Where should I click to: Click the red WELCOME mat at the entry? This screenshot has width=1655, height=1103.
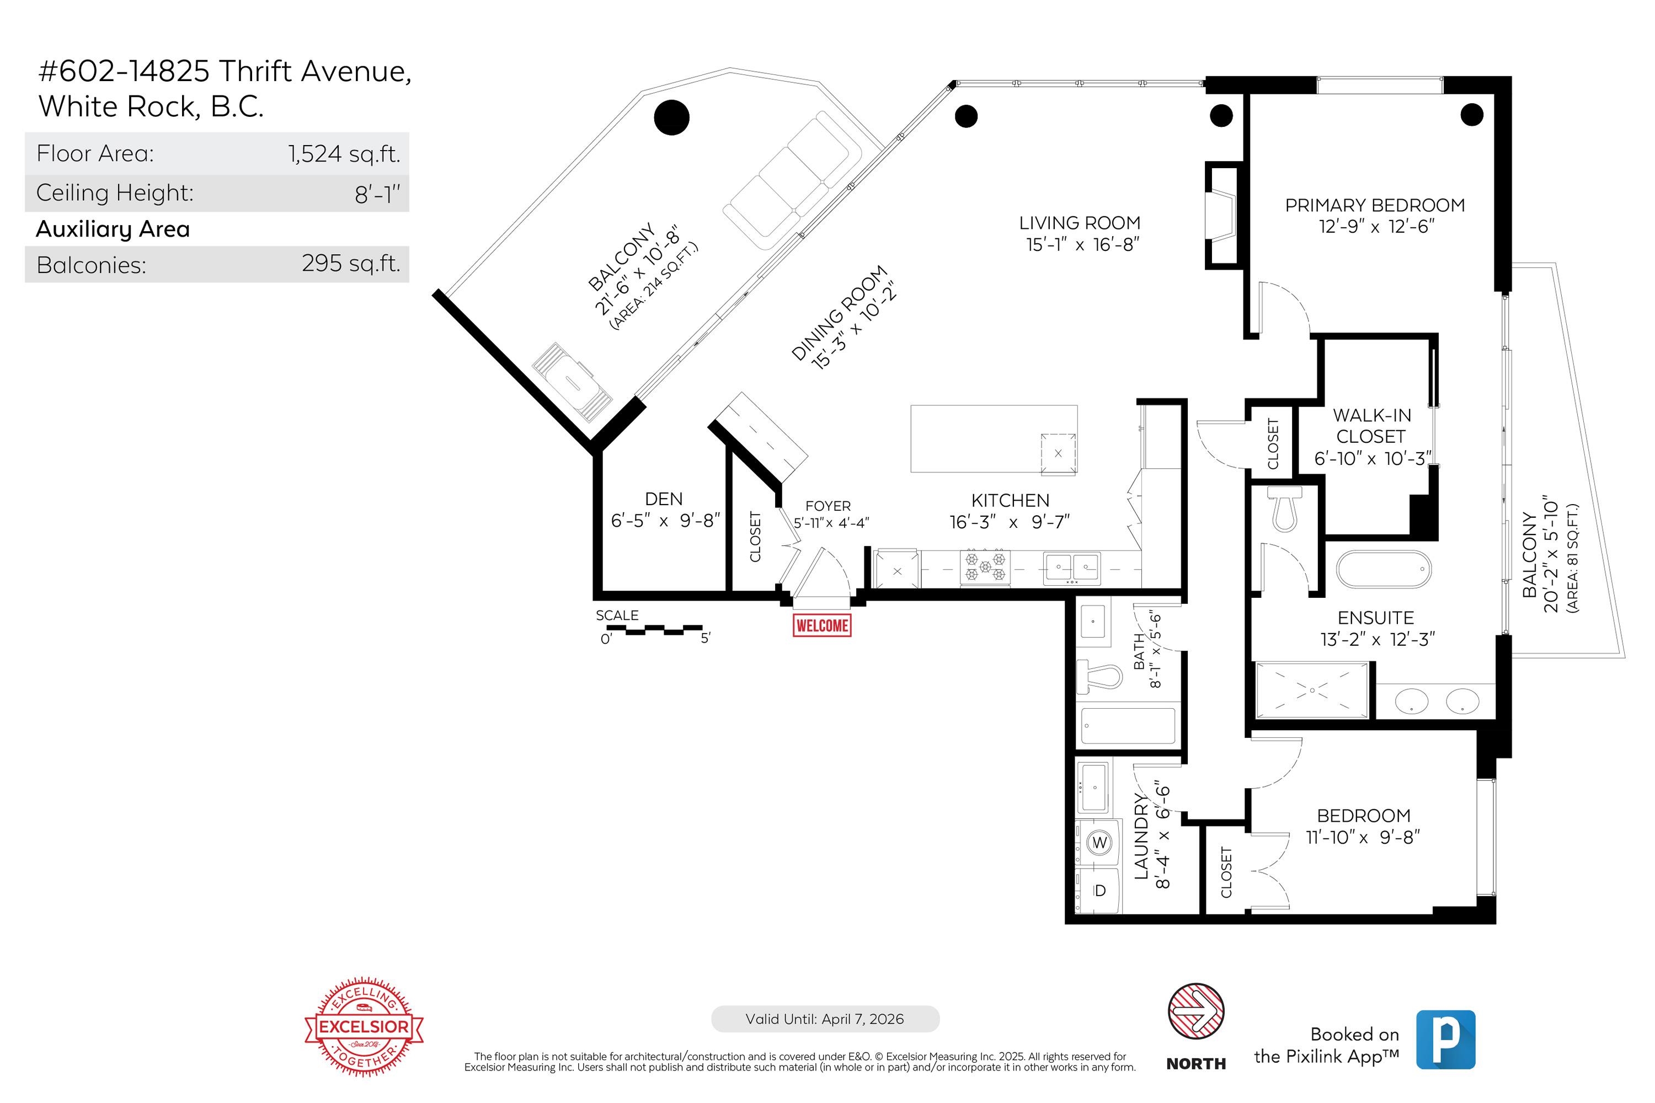pos(821,625)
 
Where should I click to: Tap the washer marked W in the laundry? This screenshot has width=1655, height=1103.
pos(1099,842)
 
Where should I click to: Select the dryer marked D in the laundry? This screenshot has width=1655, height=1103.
pos(1099,891)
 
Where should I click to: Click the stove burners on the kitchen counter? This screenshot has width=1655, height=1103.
pos(985,567)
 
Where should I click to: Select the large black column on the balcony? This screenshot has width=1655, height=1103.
pos(671,117)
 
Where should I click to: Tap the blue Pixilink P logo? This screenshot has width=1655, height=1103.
pos(1445,1039)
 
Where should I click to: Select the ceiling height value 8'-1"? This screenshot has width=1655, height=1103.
pos(377,194)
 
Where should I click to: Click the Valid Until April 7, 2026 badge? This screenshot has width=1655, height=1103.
pos(825,1019)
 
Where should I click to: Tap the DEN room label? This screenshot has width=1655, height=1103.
pos(664,499)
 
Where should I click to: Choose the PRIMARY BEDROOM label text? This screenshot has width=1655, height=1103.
pos(1374,205)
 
